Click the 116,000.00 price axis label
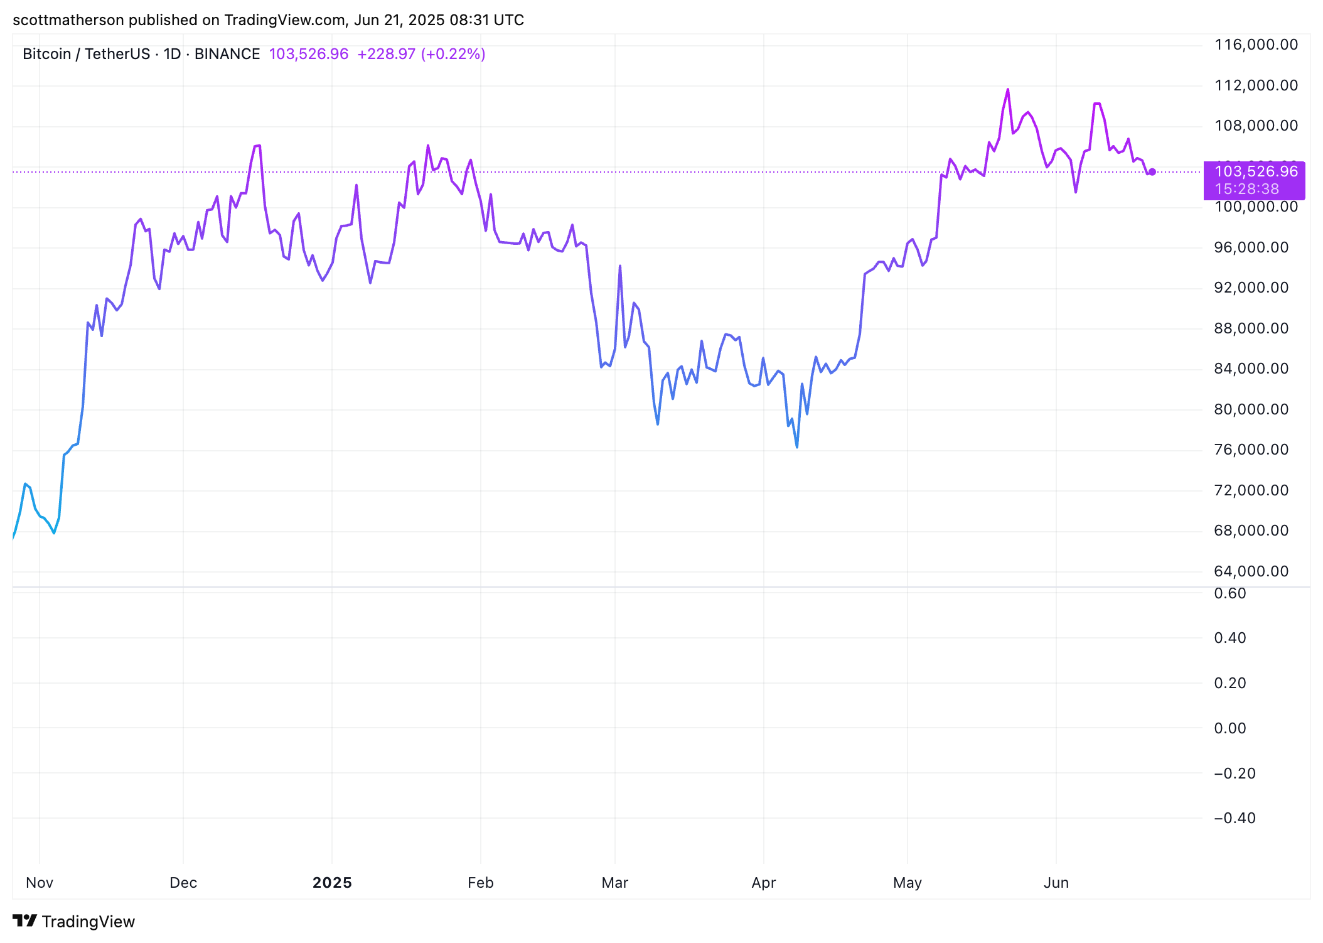click(1256, 45)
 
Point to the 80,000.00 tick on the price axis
click(1251, 409)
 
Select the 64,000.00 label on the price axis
click(1251, 571)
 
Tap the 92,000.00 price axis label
click(1251, 288)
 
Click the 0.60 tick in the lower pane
click(1229, 593)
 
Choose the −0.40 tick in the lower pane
click(1235, 818)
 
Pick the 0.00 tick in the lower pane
click(1229, 728)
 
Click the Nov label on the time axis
click(40, 883)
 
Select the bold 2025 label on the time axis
click(332, 883)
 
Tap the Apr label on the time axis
click(763, 883)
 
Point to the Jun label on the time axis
click(1056, 883)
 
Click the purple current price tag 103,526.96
click(1256, 171)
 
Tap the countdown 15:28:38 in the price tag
click(1246, 189)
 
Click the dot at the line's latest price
click(1152, 172)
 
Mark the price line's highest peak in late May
click(1008, 90)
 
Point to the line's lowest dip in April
click(797, 447)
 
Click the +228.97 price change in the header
click(386, 54)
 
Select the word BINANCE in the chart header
click(227, 54)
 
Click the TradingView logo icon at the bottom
click(25, 921)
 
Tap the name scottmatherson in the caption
click(68, 20)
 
